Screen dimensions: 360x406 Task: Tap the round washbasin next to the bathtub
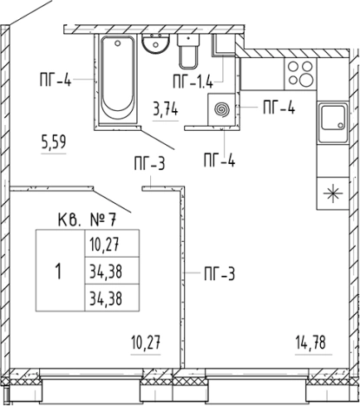click(x=155, y=43)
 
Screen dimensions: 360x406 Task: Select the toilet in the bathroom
click(x=188, y=51)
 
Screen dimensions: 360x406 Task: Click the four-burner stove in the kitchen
click(x=300, y=74)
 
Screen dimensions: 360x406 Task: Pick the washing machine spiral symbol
click(x=222, y=109)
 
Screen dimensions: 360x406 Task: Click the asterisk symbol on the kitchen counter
click(x=333, y=193)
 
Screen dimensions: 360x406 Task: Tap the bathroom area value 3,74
click(x=166, y=109)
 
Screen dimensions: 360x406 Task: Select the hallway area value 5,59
click(x=54, y=142)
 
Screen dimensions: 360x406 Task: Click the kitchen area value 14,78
click(x=311, y=343)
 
